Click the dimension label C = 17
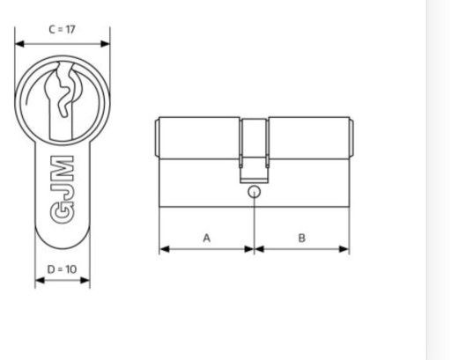[x=62, y=30]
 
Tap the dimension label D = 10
[x=62, y=269]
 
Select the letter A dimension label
[x=207, y=238]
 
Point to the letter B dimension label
[x=302, y=238]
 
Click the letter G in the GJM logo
[x=63, y=213]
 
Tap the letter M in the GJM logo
[x=63, y=168]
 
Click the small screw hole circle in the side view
[x=254, y=192]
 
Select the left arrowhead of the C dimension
[x=19, y=44]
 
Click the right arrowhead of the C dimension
[x=105, y=44]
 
